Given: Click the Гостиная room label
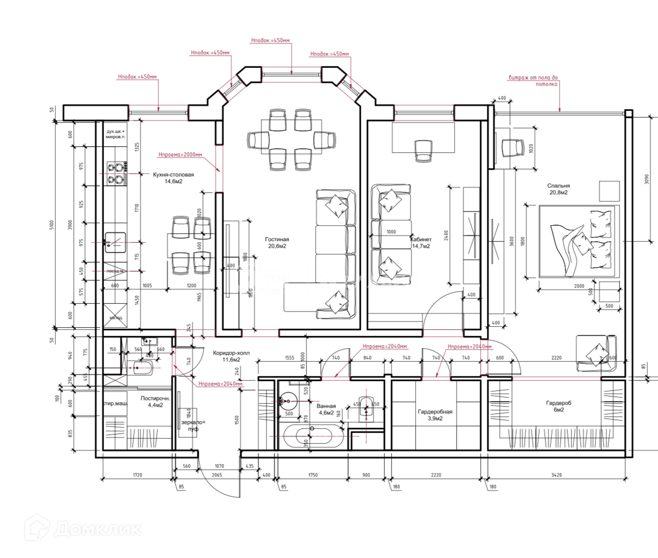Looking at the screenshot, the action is (277, 243).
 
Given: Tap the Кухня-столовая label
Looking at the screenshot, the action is (173, 178).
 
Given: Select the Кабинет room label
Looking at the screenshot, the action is (421, 243).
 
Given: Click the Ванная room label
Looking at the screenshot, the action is (326, 409).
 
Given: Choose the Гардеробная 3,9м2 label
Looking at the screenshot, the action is (435, 415).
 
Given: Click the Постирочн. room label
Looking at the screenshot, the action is (155, 401).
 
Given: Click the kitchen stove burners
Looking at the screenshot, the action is (117, 173).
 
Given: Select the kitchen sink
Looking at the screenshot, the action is (115, 242).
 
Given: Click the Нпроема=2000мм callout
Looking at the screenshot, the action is (180, 154).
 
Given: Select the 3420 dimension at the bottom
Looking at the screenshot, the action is (556, 475).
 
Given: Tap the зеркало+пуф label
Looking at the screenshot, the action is (193, 425).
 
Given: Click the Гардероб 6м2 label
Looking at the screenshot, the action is (558, 406).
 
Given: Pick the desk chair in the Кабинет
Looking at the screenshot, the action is (423, 150).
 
